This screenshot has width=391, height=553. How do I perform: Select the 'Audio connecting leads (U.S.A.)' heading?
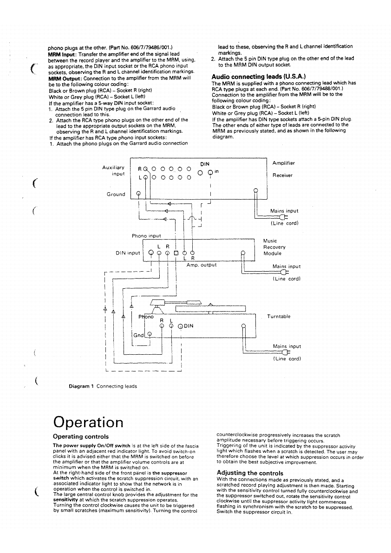pyautogui.click(x=258, y=77)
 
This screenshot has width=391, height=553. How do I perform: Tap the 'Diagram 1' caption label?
pyautogui.click(x=81, y=386)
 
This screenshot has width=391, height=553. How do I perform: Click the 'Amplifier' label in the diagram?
pyautogui.click(x=283, y=163)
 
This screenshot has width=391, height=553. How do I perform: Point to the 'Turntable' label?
pyautogui.click(x=279, y=317)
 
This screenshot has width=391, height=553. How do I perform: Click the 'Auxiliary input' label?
pyautogui.click(x=113, y=170)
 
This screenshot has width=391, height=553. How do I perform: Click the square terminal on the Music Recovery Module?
pyautogui.click(x=176, y=253)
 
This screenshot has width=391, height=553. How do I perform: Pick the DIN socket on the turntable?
pyautogui.click(x=181, y=326)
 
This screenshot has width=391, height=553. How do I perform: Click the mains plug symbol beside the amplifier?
pyautogui.click(x=281, y=217)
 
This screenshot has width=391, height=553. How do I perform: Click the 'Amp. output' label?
pyautogui.click(x=202, y=265)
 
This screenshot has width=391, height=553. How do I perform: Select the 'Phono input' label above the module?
pyautogui.click(x=146, y=236)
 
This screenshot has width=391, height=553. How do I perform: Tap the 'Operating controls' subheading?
pyautogui.click(x=81, y=436)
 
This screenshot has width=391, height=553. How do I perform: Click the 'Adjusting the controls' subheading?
pyautogui.click(x=250, y=473)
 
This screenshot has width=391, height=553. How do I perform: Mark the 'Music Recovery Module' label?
pyautogui.click(x=274, y=247)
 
